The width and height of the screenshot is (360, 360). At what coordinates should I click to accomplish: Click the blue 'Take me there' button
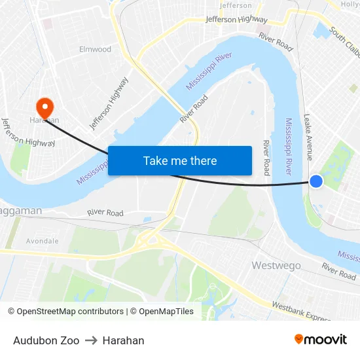180,161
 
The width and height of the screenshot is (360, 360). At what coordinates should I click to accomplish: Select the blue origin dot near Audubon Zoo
315,181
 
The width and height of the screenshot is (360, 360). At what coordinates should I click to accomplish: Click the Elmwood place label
95,49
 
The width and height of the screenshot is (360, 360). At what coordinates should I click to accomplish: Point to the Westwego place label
277,266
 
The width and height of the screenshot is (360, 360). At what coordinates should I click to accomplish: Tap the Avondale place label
42,241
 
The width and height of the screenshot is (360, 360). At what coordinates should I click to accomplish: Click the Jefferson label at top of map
236,5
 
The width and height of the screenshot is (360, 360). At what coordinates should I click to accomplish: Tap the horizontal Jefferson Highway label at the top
236,20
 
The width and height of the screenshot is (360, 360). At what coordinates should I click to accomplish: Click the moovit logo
321,340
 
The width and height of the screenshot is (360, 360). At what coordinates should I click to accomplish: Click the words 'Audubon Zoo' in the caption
46,340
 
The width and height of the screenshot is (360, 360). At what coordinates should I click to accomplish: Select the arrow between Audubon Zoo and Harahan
91,340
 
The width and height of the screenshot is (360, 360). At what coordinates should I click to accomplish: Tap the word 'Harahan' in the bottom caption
123,340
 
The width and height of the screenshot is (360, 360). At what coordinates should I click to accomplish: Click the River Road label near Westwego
338,272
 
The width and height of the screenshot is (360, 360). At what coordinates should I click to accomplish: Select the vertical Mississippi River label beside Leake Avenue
289,146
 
